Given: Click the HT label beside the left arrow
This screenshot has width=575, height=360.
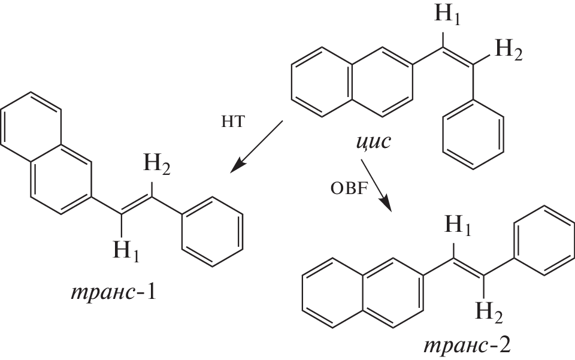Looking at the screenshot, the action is (x=232, y=122).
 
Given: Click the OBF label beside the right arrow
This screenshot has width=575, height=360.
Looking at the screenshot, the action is (x=349, y=189).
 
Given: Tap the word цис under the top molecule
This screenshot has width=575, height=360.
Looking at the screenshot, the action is (x=374, y=142).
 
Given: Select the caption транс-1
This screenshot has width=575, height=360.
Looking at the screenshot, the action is (x=114, y=292).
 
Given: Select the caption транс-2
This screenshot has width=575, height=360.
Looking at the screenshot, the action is (x=467, y=346).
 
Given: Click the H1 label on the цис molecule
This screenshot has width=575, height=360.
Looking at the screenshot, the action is (x=447, y=16).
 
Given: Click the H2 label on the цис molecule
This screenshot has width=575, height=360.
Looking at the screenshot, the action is (x=509, y=50).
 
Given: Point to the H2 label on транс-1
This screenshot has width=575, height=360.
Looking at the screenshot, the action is (x=156, y=164).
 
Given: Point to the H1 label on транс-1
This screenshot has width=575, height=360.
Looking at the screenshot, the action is (x=126, y=251).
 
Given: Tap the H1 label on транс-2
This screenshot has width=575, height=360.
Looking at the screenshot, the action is (x=458, y=225).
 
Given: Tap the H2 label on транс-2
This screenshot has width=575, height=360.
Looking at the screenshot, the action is (x=489, y=312).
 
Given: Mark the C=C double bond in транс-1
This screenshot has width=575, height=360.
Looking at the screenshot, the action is (x=137, y=204).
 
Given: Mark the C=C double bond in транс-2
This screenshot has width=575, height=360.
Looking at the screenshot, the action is (x=469, y=267).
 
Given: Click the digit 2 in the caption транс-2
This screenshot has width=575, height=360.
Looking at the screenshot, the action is (x=504, y=346).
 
